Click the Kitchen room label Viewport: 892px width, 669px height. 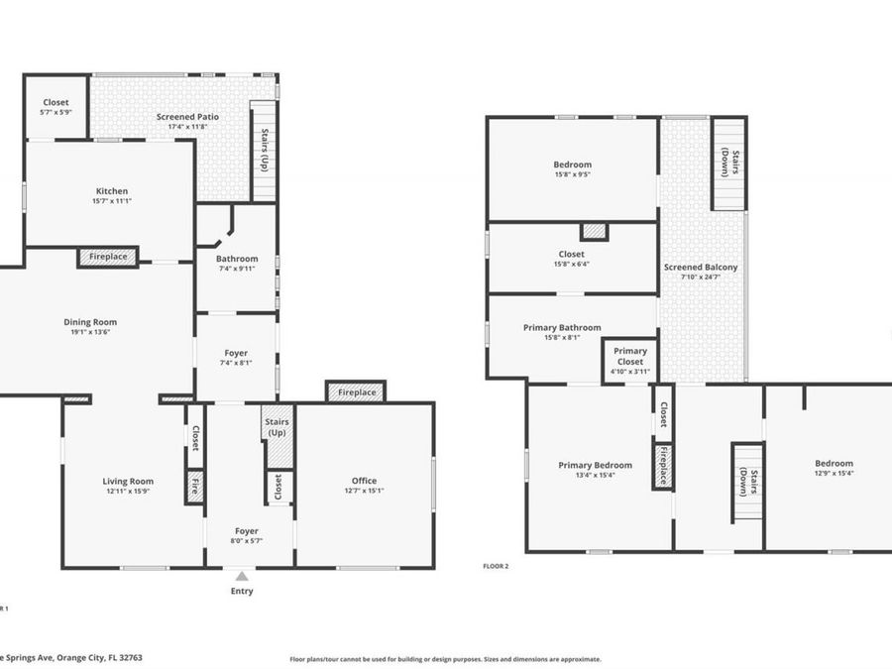(x=112, y=191)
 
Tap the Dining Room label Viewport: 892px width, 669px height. (x=90, y=322)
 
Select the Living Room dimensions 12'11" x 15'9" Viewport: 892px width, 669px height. (x=128, y=492)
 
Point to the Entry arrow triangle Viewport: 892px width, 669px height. (x=242, y=576)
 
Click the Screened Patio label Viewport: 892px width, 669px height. (x=187, y=117)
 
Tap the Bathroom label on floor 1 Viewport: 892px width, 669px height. (x=237, y=259)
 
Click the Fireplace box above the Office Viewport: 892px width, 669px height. (x=357, y=392)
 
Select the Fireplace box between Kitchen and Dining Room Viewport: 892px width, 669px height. (x=108, y=257)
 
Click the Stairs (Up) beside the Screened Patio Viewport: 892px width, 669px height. (x=264, y=151)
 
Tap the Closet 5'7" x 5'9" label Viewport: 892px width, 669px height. (x=56, y=103)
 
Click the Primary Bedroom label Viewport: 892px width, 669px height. (x=595, y=465)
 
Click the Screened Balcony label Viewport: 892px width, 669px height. (x=701, y=268)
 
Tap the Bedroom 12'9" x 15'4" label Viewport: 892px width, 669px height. (x=834, y=463)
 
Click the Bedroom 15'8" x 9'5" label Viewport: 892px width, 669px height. (x=572, y=165)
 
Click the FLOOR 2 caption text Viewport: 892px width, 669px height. (x=495, y=566)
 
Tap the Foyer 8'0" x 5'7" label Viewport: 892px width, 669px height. (x=249, y=531)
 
